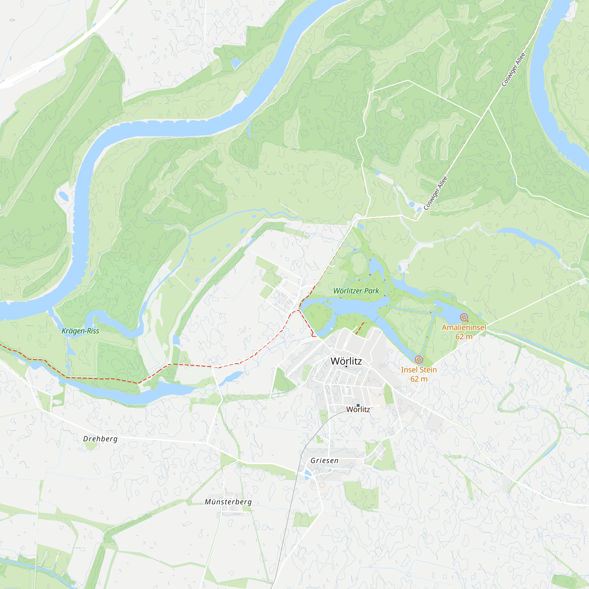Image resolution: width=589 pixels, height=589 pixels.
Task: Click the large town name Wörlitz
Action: click(x=346, y=361)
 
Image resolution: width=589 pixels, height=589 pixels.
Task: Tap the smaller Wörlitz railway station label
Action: click(x=358, y=409)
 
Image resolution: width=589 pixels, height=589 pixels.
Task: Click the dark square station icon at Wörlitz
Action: click(x=358, y=405)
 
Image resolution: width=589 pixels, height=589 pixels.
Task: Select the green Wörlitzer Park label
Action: click(x=356, y=291)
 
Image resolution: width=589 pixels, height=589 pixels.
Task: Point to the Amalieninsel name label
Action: click(x=464, y=327)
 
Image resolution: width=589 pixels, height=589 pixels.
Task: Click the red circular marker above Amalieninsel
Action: click(x=464, y=317)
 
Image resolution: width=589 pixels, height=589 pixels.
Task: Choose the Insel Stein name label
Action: click(x=418, y=370)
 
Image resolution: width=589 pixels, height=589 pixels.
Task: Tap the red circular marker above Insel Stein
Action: click(x=419, y=360)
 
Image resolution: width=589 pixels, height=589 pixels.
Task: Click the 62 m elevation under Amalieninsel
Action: click(x=464, y=337)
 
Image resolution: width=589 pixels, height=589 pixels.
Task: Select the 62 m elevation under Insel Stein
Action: click(x=418, y=379)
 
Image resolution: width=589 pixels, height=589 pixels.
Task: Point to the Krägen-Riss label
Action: click(x=80, y=331)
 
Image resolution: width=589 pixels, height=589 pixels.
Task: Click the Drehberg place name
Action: click(x=100, y=439)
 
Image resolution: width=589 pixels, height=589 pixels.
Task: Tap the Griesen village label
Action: click(x=324, y=461)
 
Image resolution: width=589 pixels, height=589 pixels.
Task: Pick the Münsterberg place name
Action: click(x=228, y=502)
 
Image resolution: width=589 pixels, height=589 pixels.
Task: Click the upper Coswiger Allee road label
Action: click(x=513, y=70)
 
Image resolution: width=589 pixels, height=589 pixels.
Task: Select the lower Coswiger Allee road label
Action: click(x=435, y=193)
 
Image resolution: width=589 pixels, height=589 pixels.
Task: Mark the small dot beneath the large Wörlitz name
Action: click(x=346, y=367)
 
